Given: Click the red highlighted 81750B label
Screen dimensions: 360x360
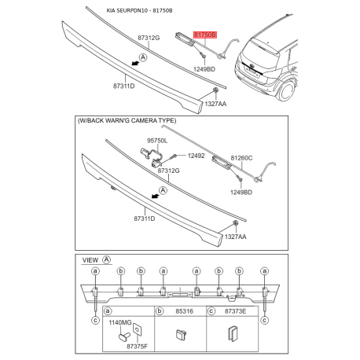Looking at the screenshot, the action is tap(205, 35).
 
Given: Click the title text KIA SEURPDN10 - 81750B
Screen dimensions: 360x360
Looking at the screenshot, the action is tap(139, 11).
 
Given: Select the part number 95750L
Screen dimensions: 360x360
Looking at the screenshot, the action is tap(157, 141).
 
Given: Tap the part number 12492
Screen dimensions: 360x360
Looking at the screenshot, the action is tap(196, 156).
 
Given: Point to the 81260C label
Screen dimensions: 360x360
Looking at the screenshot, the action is tap(241, 158).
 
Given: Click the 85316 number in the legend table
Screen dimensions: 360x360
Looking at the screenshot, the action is tap(184, 311).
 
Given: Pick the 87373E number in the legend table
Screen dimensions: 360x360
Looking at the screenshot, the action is tap(235, 311).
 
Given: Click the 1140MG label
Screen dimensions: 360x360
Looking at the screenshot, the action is tap(120, 322).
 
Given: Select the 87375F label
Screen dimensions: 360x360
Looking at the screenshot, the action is tap(137, 347).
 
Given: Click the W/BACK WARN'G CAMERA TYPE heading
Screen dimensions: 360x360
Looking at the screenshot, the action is tap(127, 120).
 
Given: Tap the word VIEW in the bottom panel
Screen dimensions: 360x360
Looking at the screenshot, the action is tap(90, 260).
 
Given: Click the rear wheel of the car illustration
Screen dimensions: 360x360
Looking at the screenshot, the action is tap(286, 90).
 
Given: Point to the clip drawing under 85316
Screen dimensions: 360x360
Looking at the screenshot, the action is tap(181, 335).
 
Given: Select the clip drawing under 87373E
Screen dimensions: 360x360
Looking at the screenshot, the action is tap(233, 333).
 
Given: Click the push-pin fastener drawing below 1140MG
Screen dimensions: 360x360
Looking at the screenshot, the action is tap(123, 336).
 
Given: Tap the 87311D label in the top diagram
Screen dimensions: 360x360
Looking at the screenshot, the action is tap(124, 86).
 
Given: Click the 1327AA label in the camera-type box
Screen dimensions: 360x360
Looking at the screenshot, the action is tap(236, 237).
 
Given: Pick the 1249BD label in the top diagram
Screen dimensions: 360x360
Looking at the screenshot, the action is tap(204, 69).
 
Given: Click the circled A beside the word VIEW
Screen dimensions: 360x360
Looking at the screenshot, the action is tap(107, 260).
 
